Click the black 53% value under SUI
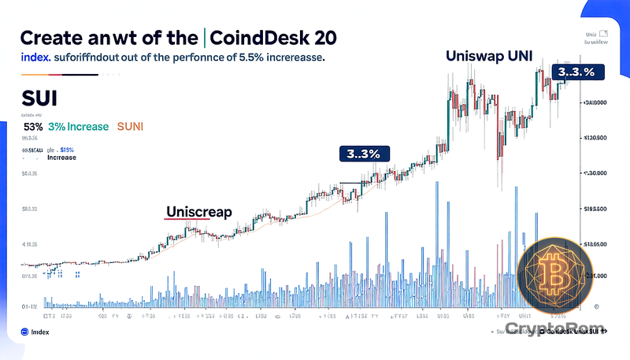point(33,126)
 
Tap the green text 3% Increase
point(77,126)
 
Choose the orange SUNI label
point(136,126)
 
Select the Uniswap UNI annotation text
point(490,56)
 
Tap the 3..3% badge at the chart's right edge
point(574,72)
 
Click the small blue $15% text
point(66,149)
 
